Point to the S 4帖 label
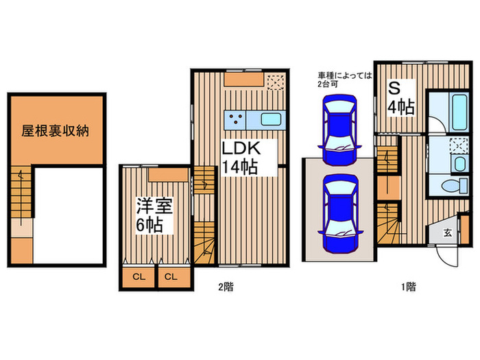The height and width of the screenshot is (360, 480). pos(401,98)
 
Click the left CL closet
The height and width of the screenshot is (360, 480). pos(138,277)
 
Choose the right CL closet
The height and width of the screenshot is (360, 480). pos(171,277)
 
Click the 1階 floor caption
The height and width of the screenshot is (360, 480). pos(407,287)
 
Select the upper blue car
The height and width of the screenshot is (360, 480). pos(338,128)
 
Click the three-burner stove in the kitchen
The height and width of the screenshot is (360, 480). pos(237,119)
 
